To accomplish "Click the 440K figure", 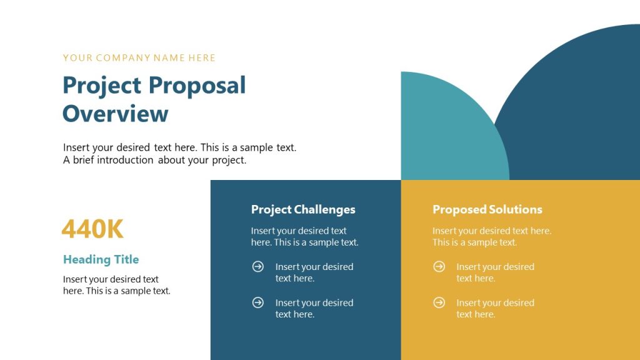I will point(92,229).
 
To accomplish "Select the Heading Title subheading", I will point(101,259).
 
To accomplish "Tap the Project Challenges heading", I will point(303,209).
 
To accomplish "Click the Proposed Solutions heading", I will point(487,209).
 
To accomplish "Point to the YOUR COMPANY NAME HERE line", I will point(139,58).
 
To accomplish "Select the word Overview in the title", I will point(116,114).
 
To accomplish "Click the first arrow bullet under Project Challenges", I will point(257,267).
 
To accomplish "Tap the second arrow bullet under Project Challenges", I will point(257,302).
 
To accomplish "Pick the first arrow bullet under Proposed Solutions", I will point(439,267).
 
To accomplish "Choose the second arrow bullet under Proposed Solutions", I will point(439,302).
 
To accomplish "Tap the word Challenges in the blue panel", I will point(324,209).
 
